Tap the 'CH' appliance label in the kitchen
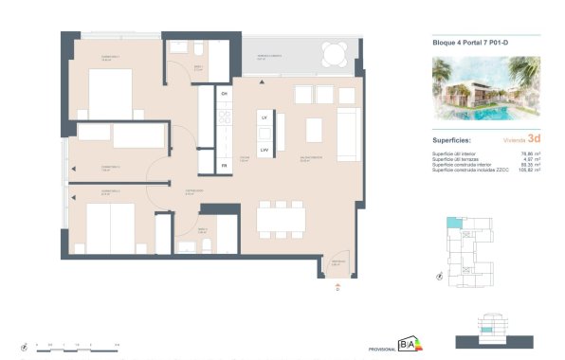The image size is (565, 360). tap(225, 95)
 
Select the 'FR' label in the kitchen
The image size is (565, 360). tap(225, 166)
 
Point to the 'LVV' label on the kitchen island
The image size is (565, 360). tap(265, 149)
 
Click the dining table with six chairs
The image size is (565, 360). tap(282, 221)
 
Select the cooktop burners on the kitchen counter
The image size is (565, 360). tap(225, 117)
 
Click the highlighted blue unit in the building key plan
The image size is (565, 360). tap(453, 224)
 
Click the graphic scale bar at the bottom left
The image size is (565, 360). tap(76, 347)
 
